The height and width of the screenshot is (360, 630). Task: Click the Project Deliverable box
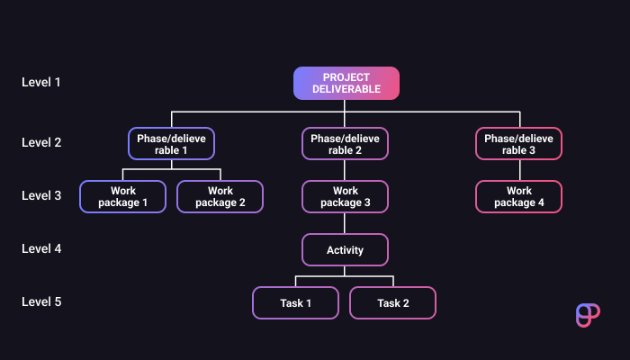[x=346, y=83]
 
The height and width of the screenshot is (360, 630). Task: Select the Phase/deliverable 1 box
[x=171, y=144]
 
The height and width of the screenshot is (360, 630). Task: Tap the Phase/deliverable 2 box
[x=345, y=144]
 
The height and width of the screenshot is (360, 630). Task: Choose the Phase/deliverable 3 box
[x=518, y=144]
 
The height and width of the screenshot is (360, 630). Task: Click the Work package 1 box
[x=123, y=196]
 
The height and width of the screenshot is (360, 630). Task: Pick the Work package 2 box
[x=220, y=196]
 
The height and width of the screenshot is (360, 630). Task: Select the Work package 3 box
[x=345, y=196]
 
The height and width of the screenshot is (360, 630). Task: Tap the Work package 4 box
[x=518, y=196]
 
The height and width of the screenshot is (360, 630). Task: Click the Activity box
[x=345, y=249]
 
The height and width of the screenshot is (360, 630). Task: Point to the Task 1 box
[x=295, y=302]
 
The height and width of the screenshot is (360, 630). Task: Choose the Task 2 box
[x=393, y=302]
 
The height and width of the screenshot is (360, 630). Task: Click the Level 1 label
[x=41, y=83]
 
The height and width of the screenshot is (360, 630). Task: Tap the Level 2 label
[x=41, y=142]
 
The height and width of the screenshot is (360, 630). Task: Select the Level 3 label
[x=41, y=195]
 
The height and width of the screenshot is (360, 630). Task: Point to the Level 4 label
[x=41, y=248]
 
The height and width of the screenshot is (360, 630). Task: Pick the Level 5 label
[x=41, y=301]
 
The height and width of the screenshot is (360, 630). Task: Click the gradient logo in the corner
[x=587, y=315]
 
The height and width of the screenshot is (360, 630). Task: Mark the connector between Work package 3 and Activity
[x=345, y=223]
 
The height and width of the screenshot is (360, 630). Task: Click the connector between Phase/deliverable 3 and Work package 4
[x=518, y=170]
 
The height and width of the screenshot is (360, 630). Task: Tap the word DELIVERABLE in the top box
[x=346, y=89]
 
